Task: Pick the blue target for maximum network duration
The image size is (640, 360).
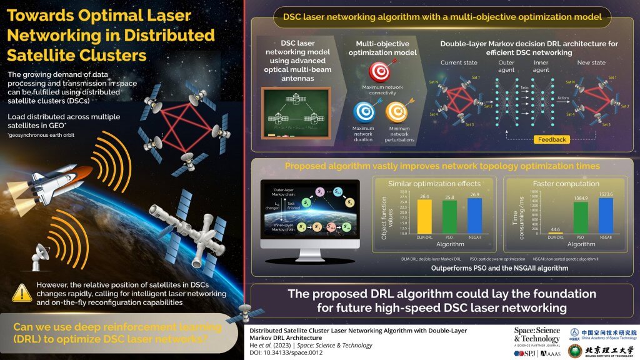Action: click(x=364, y=112)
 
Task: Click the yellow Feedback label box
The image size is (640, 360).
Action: click(x=552, y=139)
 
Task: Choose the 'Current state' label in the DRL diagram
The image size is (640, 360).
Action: click(x=459, y=62)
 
